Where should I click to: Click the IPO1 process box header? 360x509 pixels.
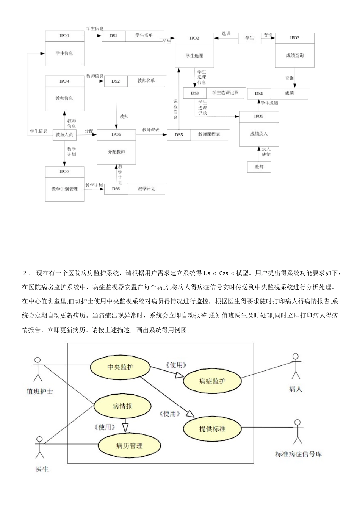(64, 36)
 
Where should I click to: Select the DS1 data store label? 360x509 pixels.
(113, 36)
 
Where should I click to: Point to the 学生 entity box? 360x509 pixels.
(250, 38)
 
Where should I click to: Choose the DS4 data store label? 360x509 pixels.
(259, 94)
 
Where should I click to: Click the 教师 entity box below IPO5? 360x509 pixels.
(259, 167)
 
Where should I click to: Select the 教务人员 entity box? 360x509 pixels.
(64, 134)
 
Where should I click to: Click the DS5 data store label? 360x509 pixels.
(179, 135)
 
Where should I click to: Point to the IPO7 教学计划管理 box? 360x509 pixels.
(64, 184)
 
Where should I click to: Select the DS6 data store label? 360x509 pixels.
(116, 189)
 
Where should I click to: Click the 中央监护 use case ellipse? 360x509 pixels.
(121, 367)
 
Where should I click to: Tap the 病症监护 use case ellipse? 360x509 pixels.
(212, 381)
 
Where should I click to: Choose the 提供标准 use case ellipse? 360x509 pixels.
(212, 429)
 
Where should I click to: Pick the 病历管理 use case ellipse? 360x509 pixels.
(129, 446)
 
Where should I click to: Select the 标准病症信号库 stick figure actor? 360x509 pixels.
(298, 431)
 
